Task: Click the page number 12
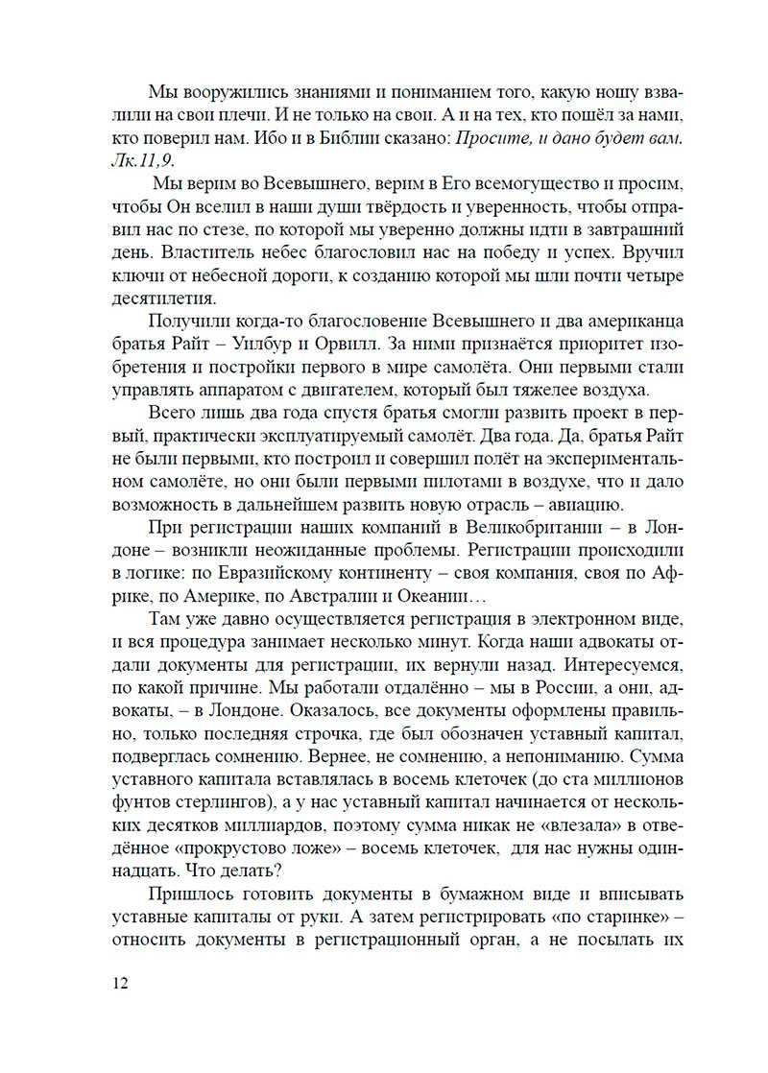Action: [122, 983]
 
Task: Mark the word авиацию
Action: [579, 504]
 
